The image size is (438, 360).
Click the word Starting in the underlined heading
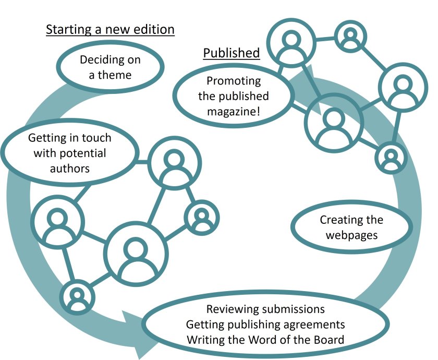point(65,30)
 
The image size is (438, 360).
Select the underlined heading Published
point(231,53)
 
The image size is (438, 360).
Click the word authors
point(70,168)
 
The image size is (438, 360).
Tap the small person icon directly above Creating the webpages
point(390,157)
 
